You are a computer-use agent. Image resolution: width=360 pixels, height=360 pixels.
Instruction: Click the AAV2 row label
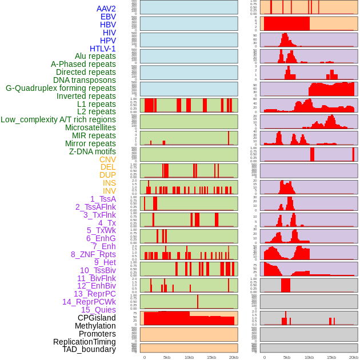106,9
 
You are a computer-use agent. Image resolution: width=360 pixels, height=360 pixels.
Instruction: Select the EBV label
108,17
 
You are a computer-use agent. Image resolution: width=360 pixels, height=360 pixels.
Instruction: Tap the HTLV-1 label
102,49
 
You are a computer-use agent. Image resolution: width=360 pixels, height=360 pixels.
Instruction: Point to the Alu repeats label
95,56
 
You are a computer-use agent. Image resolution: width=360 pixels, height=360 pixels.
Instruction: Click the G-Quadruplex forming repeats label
61,88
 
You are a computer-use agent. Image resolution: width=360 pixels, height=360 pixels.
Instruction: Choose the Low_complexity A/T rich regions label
58,119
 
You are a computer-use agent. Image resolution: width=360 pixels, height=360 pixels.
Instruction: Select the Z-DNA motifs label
92,151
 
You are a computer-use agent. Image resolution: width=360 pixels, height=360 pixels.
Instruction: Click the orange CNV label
107,159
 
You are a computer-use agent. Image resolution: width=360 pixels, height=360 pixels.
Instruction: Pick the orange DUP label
107,175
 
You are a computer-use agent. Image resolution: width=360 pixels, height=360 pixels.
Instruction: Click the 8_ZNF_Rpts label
93,254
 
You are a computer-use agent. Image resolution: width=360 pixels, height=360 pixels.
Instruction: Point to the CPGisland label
97,318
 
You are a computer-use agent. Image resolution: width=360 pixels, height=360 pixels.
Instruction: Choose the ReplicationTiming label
84,342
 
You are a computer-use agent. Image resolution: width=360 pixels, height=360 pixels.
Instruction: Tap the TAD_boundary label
89,349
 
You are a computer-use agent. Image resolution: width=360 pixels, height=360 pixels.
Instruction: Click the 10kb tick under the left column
189,357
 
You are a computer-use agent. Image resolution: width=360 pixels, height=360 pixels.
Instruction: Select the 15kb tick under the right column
331,357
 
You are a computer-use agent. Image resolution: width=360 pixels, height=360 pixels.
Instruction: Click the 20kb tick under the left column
234,357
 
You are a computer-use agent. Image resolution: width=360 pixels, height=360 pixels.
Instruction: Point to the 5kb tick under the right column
287,357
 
